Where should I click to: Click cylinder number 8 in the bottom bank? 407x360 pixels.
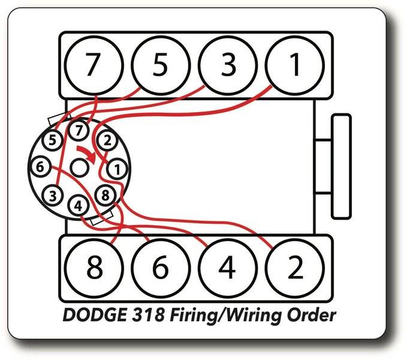tap(94, 268)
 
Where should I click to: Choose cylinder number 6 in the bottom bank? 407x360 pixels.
tap(160, 268)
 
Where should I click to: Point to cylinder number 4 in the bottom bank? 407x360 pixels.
tap(227, 268)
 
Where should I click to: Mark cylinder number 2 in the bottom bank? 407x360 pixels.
tap(294, 268)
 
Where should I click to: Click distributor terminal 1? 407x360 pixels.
tap(117, 170)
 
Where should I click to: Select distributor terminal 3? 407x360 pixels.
tap(53, 195)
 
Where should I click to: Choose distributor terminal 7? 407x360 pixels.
tap(78, 129)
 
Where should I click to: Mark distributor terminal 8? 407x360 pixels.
tap(105, 196)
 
